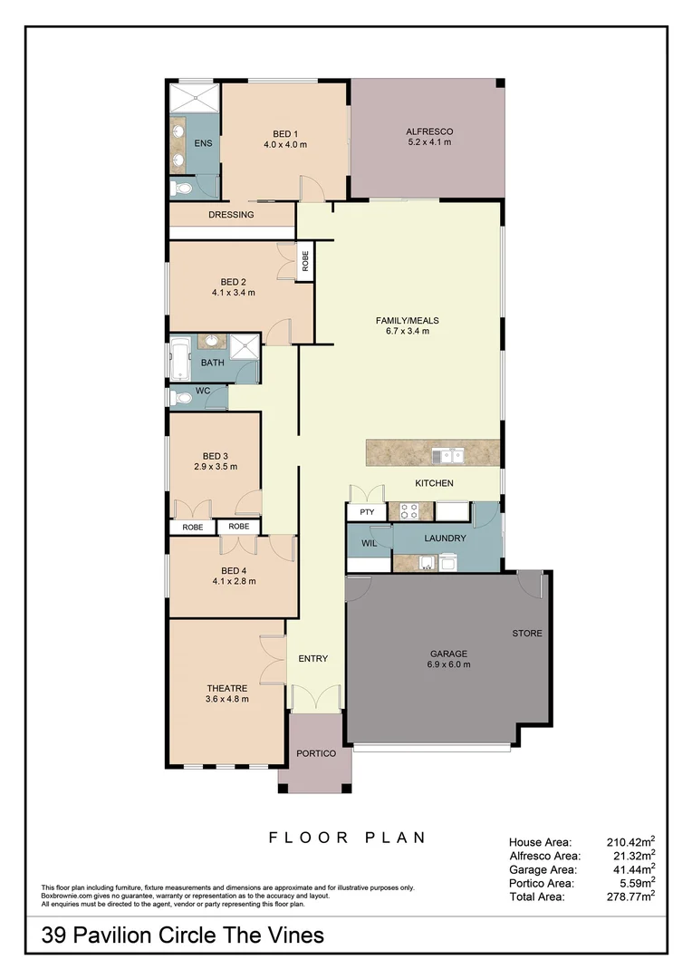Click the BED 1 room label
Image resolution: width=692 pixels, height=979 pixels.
coord(284,134)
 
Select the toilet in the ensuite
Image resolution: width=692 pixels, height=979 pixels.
coord(181,189)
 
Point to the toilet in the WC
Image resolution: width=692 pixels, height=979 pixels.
coord(180,398)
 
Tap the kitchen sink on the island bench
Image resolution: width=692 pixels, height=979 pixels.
coord(447,455)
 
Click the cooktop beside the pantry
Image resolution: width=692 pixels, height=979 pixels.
coord(409,511)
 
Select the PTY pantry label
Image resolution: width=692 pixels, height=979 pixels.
coord(367,512)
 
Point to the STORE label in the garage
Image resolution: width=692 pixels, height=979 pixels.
coord(527,633)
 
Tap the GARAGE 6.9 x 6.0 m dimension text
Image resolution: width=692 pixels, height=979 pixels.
coord(448,664)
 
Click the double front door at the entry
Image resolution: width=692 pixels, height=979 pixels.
coord(314,698)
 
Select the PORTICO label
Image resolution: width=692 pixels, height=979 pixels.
coord(316,754)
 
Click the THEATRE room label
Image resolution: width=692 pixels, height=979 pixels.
coord(226,688)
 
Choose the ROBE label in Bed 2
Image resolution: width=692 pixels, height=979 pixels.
coord(305,262)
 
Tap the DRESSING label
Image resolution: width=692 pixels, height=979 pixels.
coord(231,215)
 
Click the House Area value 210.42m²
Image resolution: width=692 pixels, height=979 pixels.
coord(630,841)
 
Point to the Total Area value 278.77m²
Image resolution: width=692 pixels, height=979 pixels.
coord(630,896)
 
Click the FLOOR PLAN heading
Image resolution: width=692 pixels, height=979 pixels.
coord(347,838)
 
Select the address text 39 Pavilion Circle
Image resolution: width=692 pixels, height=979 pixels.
coord(182,935)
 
